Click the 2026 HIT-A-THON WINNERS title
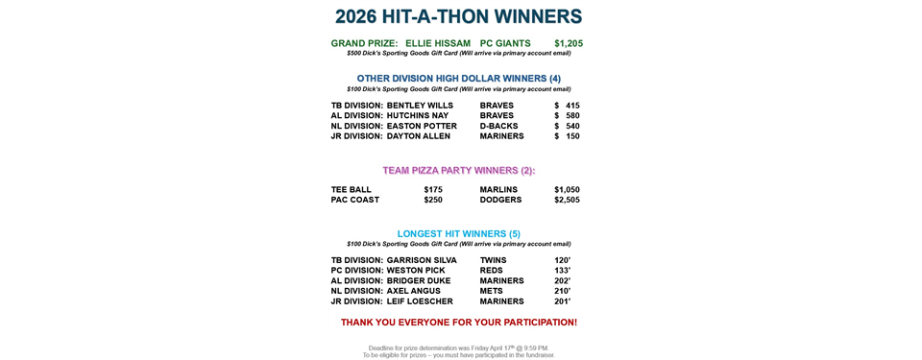459,16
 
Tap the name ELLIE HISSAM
438,43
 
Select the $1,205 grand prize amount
568,43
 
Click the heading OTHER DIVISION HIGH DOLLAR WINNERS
458,78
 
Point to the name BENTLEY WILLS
420,106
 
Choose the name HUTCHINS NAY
418,115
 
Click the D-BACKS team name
498,126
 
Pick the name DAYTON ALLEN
419,136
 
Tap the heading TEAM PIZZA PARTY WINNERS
458,170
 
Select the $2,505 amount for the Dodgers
567,200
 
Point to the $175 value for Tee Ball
433,189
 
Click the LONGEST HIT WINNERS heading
458,233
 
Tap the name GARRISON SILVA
422,260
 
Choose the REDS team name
492,271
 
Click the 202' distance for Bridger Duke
562,281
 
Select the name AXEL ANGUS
414,291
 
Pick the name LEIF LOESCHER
420,301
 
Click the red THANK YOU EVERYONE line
458,322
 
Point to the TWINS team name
494,260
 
